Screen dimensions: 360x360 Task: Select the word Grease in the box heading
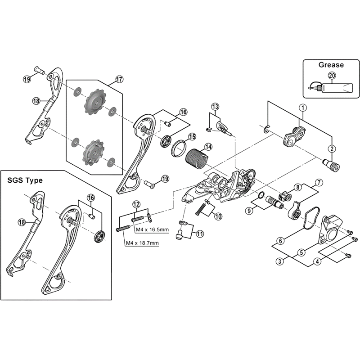coord(331,65)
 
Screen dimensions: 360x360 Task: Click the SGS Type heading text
coord(25,180)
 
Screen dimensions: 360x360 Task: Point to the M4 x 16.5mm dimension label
coord(152,230)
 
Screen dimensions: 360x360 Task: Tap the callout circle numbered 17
coord(119,79)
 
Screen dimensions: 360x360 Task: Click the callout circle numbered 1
coord(303,108)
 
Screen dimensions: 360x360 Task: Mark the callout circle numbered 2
coord(332,148)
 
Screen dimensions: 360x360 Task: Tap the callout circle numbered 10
coord(218,216)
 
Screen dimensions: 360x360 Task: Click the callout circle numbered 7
coord(319,183)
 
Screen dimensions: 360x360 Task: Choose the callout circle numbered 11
coord(199,233)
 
